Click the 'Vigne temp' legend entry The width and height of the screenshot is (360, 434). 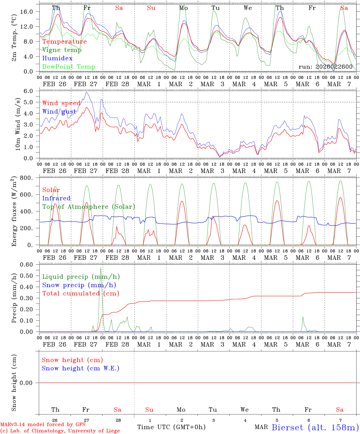pos(62,50)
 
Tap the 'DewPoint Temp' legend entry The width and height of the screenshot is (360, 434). pos(69,67)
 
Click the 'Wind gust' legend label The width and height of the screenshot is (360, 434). pos(59,112)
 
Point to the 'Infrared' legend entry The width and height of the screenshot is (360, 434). pos(56,198)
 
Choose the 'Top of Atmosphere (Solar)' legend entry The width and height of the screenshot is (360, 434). pos(89,207)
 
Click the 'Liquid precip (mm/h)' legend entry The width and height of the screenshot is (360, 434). pos(81,277)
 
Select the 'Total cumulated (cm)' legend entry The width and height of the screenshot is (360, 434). pos(81,294)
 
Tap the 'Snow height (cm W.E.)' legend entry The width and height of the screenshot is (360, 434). pos(81,368)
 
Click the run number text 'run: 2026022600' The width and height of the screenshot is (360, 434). pos(325,67)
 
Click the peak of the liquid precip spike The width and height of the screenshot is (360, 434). pos(101,268)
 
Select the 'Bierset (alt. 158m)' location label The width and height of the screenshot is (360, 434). pos(315,427)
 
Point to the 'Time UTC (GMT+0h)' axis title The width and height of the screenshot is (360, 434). pos(171,427)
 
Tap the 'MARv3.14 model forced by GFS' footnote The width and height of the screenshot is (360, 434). pos(43,425)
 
